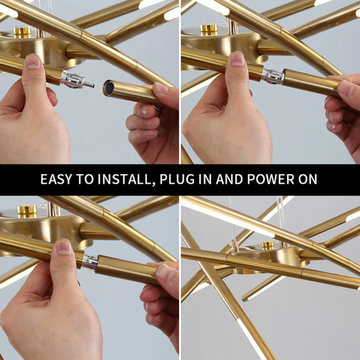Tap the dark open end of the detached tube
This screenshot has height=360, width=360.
coord(108,88)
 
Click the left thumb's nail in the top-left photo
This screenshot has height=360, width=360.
coord(33,61)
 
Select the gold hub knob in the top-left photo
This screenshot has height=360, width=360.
coord(22,32)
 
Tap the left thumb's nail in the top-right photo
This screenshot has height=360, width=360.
coord(237,58)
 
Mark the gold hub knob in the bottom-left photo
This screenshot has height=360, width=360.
coord(27,211)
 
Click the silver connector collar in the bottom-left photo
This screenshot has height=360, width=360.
coord(90,262)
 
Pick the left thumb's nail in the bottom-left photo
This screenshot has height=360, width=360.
coord(63,247)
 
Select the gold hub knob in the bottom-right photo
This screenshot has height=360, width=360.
coord(268,245)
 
